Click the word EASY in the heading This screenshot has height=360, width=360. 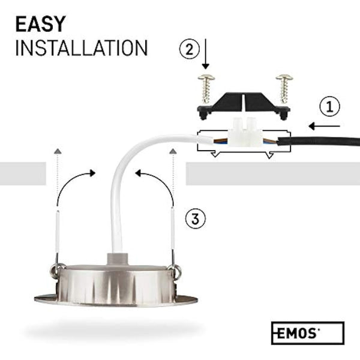click(x=41, y=25)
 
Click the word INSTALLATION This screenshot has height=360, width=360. click(x=81, y=48)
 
